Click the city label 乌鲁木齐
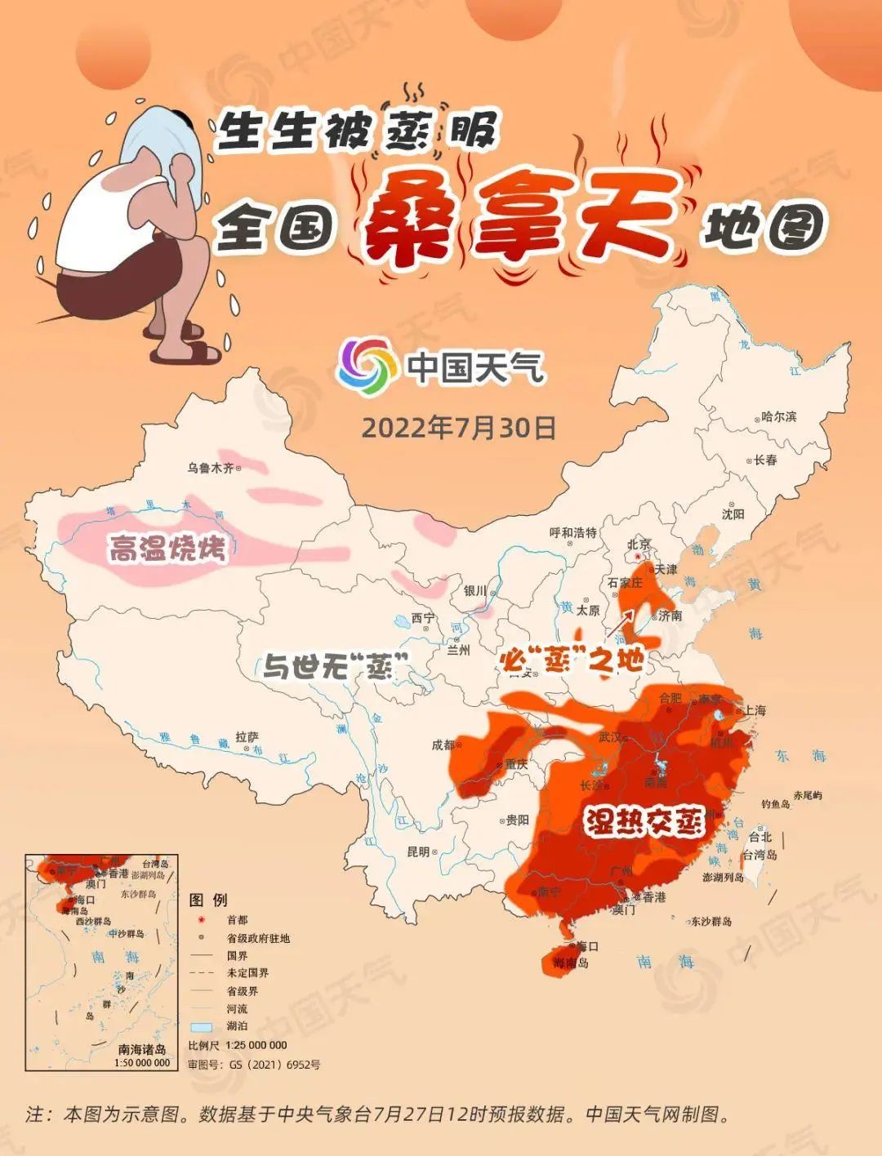coord(211,468)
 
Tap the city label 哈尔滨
coord(777,416)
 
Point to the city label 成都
coord(443,745)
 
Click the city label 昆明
coord(418,851)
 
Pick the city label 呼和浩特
coord(573,533)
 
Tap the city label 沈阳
coord(733,514)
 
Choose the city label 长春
coord(765,460)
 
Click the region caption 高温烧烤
coord(167,549)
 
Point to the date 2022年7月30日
coord(458,428)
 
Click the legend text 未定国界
coord(247,973)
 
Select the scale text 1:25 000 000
coord(249,1045)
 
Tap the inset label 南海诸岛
coord(142,1049)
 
